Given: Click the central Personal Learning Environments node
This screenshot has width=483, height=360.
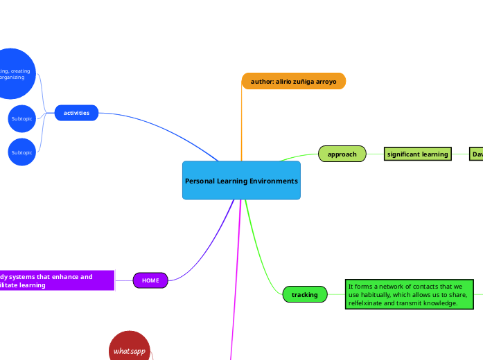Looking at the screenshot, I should tap(241, 181).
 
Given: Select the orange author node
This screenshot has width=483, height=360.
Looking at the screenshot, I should tap(293, 82).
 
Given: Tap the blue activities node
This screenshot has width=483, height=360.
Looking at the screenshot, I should tap(76, 113).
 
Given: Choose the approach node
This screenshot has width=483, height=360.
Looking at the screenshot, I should tap(342, 154).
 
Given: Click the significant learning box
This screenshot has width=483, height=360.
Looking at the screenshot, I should tap(418, 154).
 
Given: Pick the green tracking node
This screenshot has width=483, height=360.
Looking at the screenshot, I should tap(304, 295).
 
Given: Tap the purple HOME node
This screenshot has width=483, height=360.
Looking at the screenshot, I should tap(150, 280).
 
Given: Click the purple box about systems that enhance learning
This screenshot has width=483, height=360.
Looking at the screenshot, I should tap(55, 280).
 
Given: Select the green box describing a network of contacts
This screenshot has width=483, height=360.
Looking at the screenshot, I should tap(409, 294).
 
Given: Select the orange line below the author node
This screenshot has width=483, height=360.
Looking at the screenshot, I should tap(242, 125).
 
